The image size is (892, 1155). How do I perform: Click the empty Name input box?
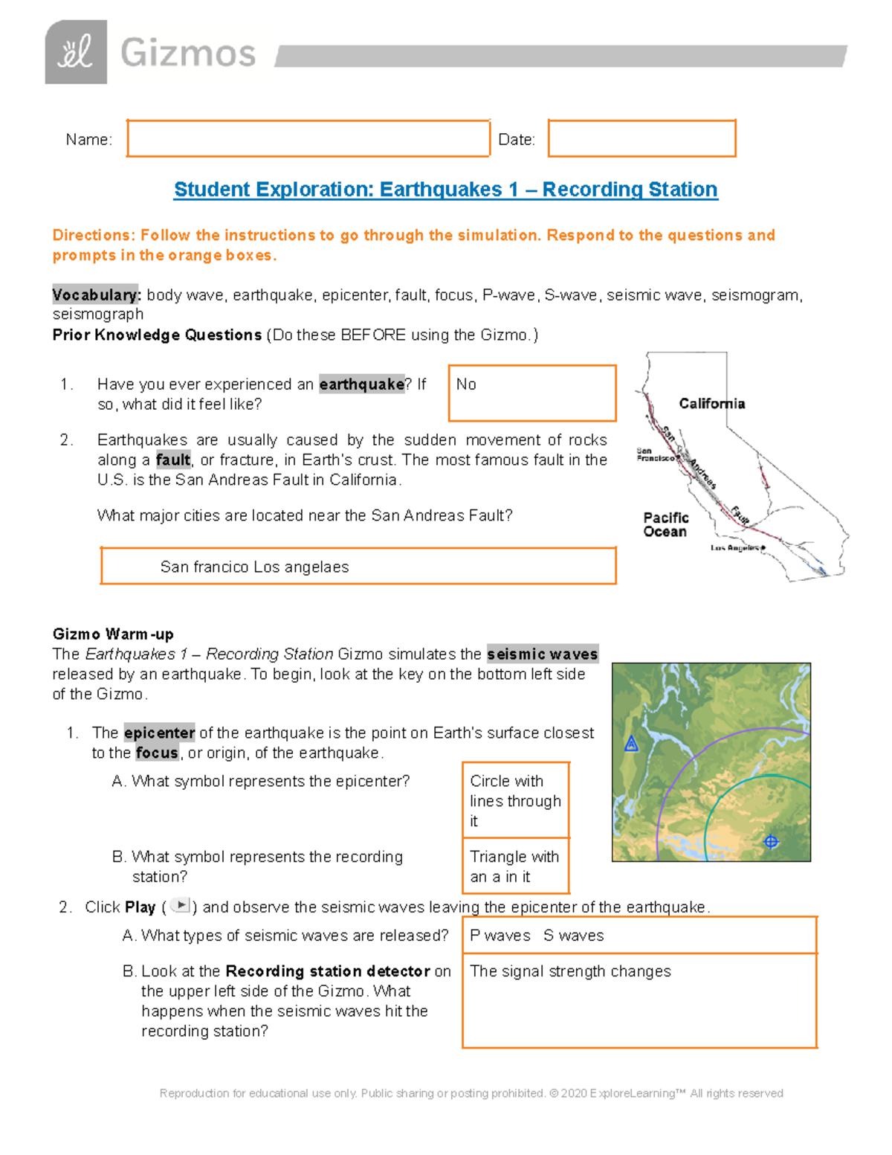(x=308, y=138)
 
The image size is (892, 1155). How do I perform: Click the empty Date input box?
(x=641, y=138)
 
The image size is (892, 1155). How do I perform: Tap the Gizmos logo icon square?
(x=76, y=52)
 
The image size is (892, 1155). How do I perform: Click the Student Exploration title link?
(x=445, y=190)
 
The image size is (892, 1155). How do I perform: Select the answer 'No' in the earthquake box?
(x=466, y=385)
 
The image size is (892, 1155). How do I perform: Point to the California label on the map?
(x=711, y=403)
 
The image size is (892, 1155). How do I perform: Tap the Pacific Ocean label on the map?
(x=665, y=524)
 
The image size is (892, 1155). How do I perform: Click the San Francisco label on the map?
(x=655, y=454)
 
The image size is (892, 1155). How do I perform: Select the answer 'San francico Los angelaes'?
(x=254, y=567)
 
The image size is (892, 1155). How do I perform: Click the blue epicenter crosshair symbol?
(x=771, y=842)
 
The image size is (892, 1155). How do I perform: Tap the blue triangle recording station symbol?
(x=631, y=743)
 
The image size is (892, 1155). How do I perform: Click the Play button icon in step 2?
(x=180, y=905)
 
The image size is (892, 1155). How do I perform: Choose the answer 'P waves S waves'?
(x=537, y=936)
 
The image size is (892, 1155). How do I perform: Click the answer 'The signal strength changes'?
(x=570, y=971)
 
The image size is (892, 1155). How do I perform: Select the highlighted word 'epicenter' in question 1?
(x=159, y=733)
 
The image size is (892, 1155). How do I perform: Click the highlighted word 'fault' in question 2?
(x=172, y=460)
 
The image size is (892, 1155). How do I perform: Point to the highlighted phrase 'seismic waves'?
(x=542, y=654)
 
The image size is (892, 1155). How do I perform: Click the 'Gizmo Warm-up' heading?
(x=113, y=634)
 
